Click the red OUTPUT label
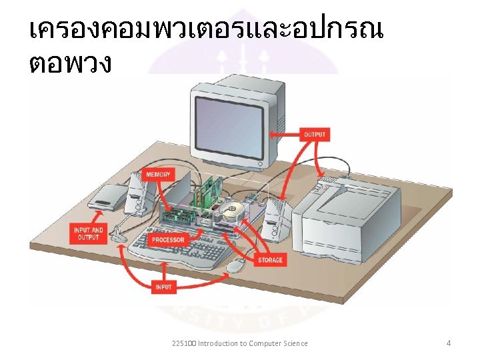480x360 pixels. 315,135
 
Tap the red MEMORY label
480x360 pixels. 158,175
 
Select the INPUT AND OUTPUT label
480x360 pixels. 88,233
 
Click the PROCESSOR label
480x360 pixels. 168,240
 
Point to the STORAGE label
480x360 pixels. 270,260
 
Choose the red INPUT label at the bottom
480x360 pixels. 163,287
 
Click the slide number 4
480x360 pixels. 449,343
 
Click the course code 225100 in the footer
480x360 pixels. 183,343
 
